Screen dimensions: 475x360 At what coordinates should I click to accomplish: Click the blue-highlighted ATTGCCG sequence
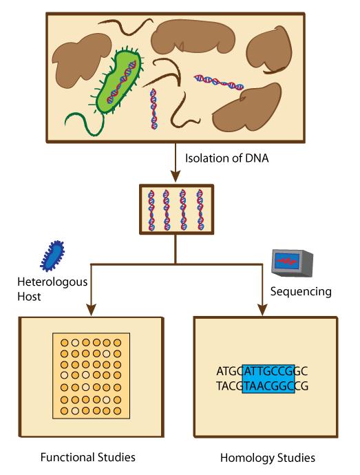click(x=269, y=370)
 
